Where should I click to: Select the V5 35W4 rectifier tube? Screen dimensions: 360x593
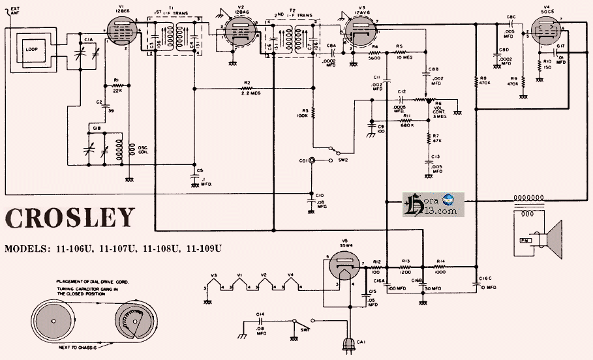point(341,271)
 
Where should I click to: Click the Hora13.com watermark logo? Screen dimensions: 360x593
point(434,205)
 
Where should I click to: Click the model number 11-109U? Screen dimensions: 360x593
point(204,248)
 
